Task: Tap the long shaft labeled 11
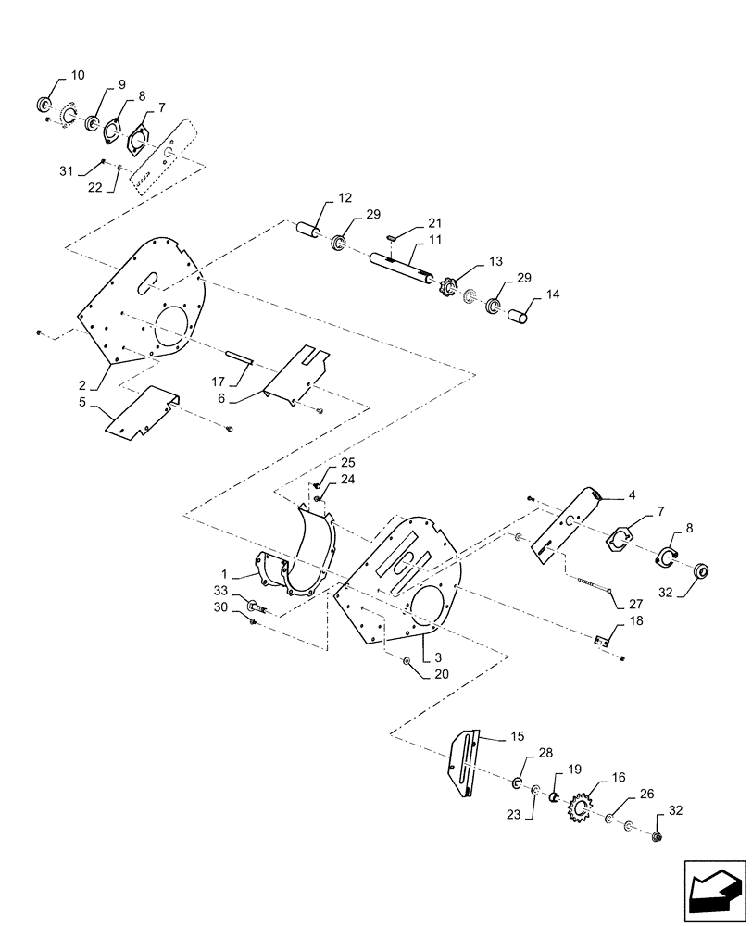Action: [x=401, y=268]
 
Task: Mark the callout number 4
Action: [x=632, y=495]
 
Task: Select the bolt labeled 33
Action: [x=255, y=607]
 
